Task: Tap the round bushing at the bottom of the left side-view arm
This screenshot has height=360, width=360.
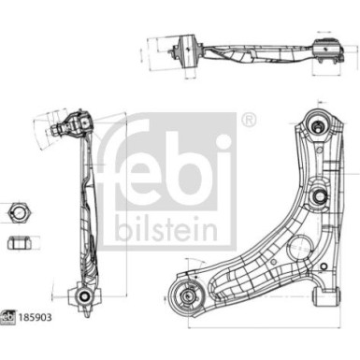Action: point(84,297)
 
